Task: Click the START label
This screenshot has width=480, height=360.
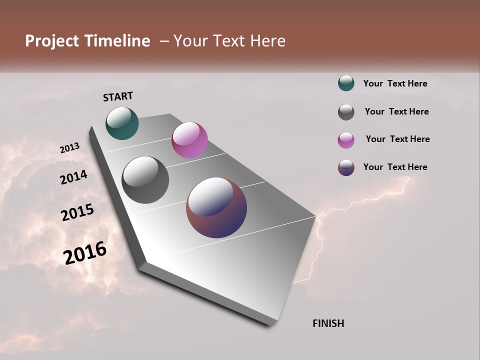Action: click(x=118, y=96)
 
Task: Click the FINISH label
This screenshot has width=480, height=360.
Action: click(x=328, y=323)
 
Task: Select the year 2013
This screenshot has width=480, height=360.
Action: click(x=70, y=148)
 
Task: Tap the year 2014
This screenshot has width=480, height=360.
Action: click(x=73, y=177)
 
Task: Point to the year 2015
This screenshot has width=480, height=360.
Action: click(x=77, y=212)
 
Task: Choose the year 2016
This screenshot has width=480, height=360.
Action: click(x=85, y=252)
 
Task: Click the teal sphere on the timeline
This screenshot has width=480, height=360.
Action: click(x=122, y=123)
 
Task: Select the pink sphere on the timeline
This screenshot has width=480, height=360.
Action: click(x=189, y=140)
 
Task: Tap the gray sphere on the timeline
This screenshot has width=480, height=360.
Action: click(x=145, y=180)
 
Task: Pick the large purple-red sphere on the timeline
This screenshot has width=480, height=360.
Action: click(x=216, y=207)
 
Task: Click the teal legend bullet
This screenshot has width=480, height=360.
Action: click(x=346, y=83)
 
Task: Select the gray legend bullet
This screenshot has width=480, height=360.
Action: click(x=346, y=112)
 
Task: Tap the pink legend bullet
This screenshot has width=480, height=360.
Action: click(x=346, y=140)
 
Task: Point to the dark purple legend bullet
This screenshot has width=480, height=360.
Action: click(x=346, y=167)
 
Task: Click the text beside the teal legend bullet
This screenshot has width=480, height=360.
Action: click(x=395, y=83)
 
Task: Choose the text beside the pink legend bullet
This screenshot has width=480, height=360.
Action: click(x=397, y=139)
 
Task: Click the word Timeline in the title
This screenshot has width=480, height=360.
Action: click(x=117, y=41)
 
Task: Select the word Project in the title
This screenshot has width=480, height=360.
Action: click(x=52, y=41)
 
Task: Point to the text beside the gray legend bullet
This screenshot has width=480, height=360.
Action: click(x=396, y=111)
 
